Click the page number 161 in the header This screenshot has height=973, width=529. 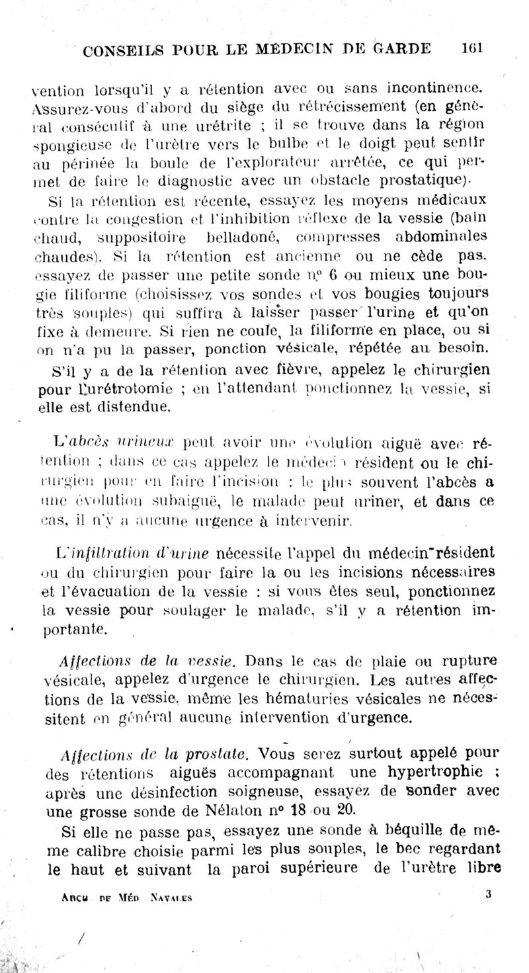pos(472,48)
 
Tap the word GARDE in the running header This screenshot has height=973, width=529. pos(401,48)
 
